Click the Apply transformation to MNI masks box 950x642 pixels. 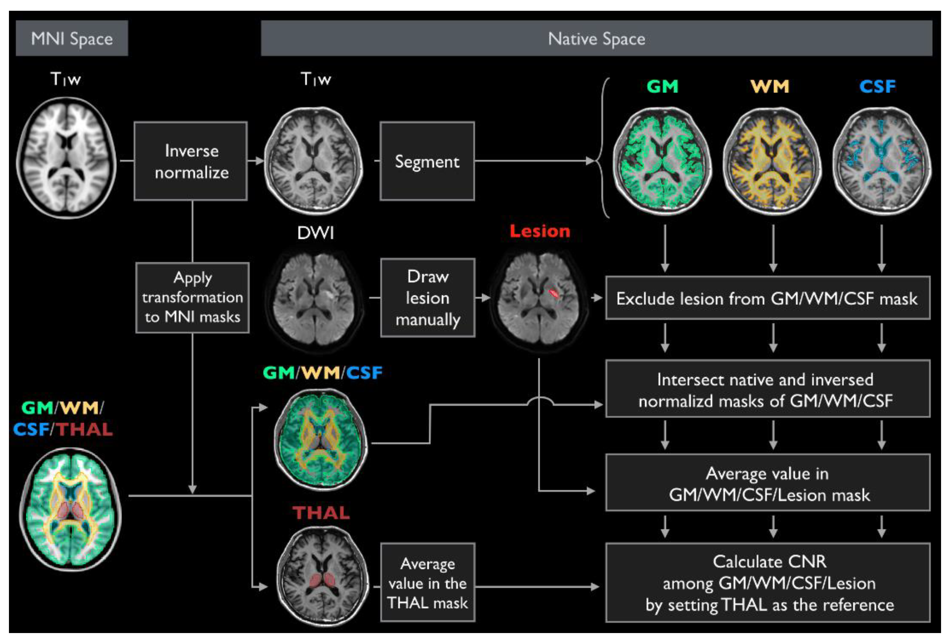(192, 297)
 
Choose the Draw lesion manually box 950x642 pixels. (428, 298)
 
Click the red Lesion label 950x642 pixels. (540, 231)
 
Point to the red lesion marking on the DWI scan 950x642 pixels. (554, 293)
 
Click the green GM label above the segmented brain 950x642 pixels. (662, 86)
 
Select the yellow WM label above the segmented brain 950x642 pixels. (770, 86)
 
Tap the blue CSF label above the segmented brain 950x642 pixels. (877, 86)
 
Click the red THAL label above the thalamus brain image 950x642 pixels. (321, 513)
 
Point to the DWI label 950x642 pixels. (316, 233)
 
